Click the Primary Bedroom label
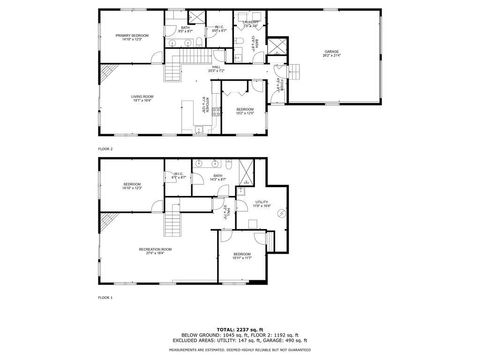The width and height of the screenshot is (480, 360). click(131, 37)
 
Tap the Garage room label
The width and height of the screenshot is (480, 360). click(331, 53)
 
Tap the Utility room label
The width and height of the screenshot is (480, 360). click(263, 203)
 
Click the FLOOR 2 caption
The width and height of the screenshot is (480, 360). click(105, 148)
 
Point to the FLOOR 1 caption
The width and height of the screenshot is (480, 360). click(105, 298)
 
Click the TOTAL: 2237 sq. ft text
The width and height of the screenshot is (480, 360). click(240, 315)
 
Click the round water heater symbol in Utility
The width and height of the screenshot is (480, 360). click(281, 213)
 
